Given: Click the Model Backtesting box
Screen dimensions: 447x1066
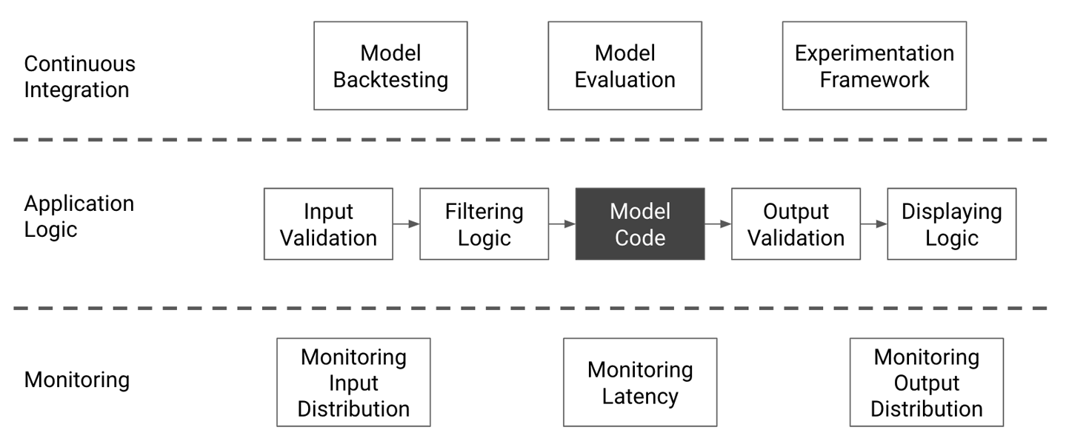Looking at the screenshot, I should click(x=390, y=66).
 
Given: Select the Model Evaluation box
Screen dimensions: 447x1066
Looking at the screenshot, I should click(x=624, y=66).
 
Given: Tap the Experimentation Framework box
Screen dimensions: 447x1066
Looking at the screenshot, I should click(x=874, y=66).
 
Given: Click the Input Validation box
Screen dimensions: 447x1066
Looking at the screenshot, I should click(x=328, y=223).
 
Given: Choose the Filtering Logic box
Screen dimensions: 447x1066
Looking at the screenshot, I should click(x=484, y=223).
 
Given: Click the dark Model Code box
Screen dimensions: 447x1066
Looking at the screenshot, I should click(x=640, y=223).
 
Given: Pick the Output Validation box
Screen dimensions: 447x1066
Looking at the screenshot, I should click(x=796, y=223).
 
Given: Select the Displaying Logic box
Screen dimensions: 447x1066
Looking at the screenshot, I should click(x=951, y=223).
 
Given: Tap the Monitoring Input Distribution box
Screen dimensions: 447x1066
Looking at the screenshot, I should click(x=353, y=383).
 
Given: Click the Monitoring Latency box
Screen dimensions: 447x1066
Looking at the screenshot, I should click(x=640, y=383).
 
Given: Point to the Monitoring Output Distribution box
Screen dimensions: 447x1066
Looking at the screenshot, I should click(x=926, y=383).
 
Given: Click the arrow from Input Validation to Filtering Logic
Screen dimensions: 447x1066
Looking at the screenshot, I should click(x=406, y=223).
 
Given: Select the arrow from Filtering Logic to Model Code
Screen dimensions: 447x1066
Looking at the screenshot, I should click(x=562, y=223).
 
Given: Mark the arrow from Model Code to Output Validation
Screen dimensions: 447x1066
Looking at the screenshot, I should click(x=718, y=223).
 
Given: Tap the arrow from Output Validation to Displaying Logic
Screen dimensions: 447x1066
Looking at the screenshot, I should click(x=873, y=223).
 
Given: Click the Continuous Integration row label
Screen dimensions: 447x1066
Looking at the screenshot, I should click(x=80, y=77).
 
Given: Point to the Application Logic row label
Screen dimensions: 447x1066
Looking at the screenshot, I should click(x=79, y=216).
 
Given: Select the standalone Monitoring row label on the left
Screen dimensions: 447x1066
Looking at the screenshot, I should click(x=77, y=380).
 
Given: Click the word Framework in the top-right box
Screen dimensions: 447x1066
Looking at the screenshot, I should click(x=874, y=79).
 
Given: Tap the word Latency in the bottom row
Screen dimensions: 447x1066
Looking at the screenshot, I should click(x=640, y=396).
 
